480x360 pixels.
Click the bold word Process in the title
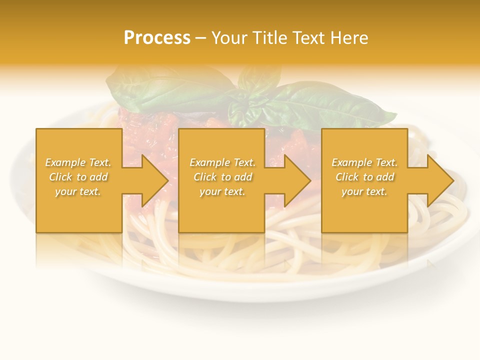point(157,38)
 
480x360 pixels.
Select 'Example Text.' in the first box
point(78,162)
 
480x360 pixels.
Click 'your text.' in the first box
point(78,191)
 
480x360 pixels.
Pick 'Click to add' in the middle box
point(222,177)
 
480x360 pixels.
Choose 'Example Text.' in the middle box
point(222,162)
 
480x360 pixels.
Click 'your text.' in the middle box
point(222,191)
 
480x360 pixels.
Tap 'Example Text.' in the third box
point(364,162)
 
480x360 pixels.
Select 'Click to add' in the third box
point(364,177)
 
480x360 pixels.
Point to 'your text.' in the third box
point(364,191)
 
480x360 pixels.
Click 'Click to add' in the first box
point(78,177)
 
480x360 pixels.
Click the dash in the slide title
point(200,38)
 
